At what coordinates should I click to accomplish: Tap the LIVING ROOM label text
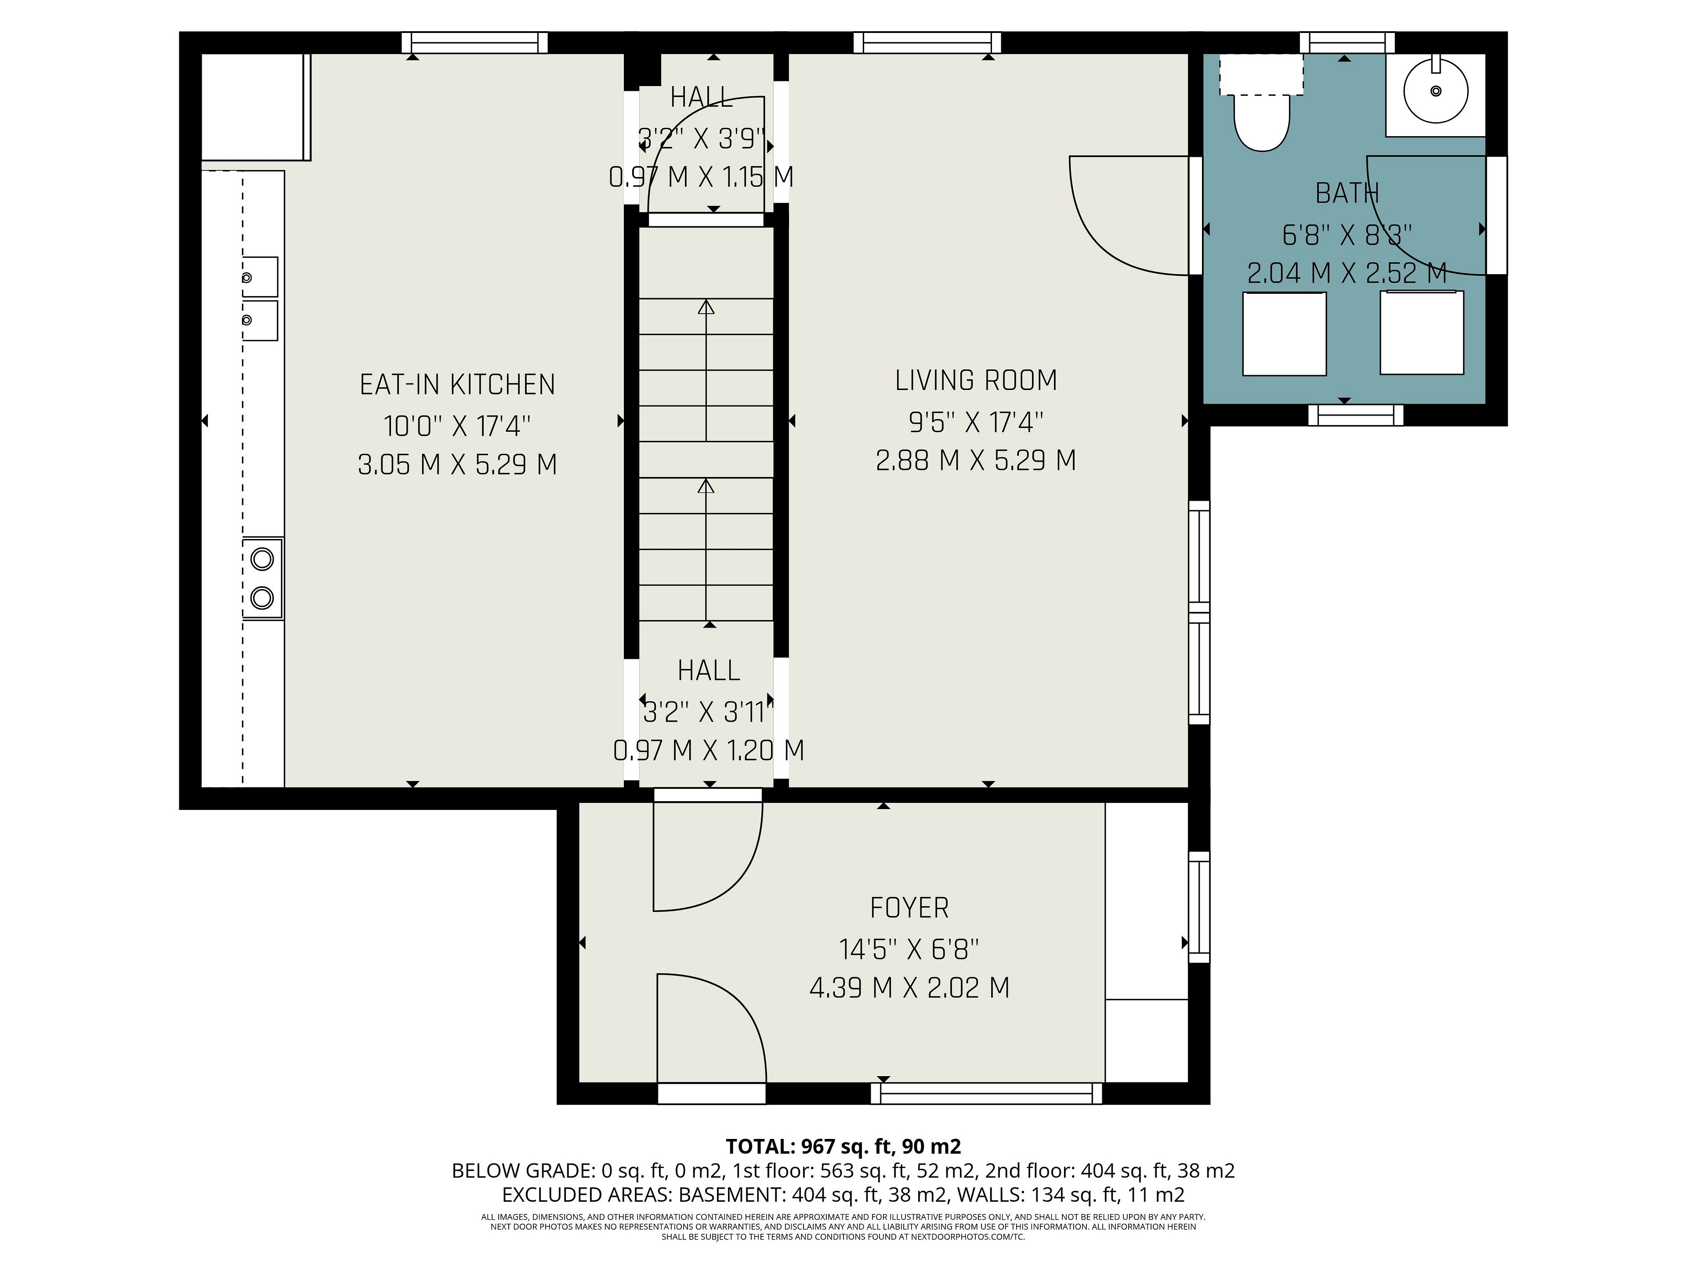tap(976, 380)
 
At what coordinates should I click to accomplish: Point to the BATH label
tap(1347, 194)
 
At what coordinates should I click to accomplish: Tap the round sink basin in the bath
tap(1435, 91)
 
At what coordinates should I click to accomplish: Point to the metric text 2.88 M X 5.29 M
tap(976, 461)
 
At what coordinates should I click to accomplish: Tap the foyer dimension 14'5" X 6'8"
tap(909, 949)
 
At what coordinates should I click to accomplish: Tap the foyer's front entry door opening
tap(712, 1093)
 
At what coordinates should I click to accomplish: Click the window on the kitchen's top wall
tap(474, 43)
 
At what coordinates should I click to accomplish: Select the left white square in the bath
tap(1284, 333)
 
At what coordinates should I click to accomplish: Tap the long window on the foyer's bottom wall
tap(987, 1093)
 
